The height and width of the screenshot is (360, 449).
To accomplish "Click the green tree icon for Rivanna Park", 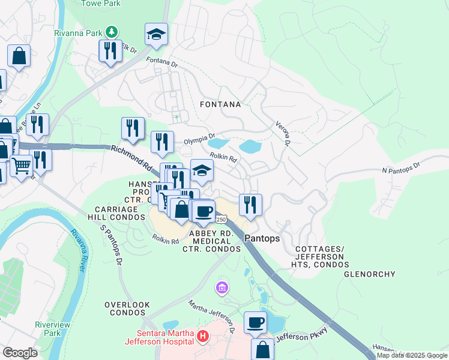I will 110,31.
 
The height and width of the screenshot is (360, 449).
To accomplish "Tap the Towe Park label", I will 100,4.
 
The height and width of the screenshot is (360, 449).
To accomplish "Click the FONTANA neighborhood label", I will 220,104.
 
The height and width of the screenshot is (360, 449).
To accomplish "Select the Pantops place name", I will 262,238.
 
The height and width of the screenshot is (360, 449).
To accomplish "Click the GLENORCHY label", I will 369,274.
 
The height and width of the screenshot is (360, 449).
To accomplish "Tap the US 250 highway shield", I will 221,220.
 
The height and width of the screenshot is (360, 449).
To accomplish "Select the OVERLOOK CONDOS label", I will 127,309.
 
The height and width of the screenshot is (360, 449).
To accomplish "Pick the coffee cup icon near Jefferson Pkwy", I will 255,322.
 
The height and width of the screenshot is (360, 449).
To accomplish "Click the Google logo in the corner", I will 20,353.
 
